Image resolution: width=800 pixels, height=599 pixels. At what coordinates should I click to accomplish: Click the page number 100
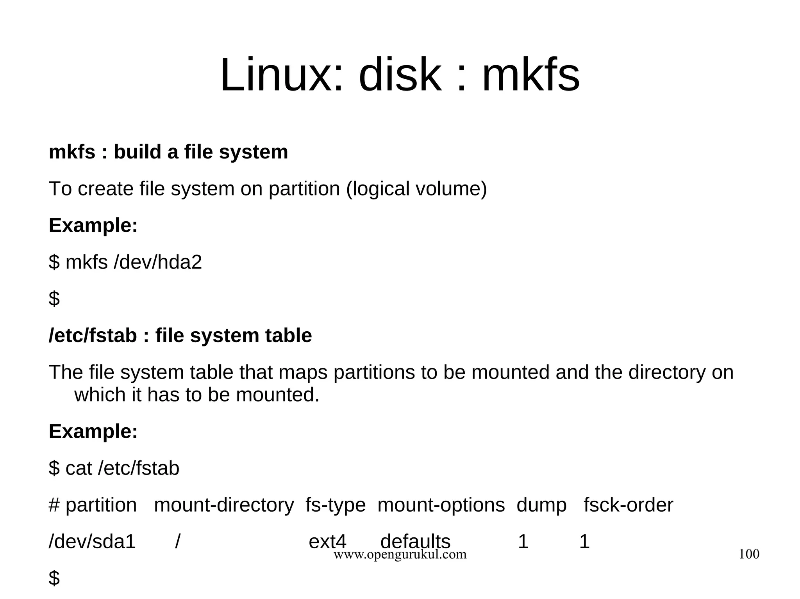[x=749, y=554]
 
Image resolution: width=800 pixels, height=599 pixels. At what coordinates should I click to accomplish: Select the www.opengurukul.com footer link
[x=400, y=555]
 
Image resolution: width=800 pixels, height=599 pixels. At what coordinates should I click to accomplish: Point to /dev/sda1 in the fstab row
[x=92, y=542]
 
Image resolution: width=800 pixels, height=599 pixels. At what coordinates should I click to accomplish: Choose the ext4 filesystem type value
[x=327, y=542]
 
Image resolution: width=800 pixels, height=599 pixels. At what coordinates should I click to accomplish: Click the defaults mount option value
[x=415, y=542]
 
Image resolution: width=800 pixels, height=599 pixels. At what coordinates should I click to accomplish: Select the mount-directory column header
[x=224, y=505]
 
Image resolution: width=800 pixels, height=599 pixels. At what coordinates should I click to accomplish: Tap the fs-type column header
[x=336, y=505]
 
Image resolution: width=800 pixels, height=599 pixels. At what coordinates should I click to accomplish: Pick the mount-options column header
[x=441, y=505]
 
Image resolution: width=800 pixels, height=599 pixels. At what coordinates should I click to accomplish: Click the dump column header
[x=541, y=505]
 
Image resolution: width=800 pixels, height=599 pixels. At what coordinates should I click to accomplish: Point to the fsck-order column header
[x=629, y=505]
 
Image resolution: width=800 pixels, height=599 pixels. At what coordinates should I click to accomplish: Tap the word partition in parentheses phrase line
[x=304, y=189]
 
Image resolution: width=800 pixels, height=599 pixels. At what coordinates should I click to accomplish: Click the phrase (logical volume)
[x=416, y=189]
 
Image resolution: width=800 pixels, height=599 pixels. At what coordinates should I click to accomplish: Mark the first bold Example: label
[x=93, y=226]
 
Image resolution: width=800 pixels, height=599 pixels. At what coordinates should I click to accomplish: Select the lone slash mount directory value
[x=178, y=542]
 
